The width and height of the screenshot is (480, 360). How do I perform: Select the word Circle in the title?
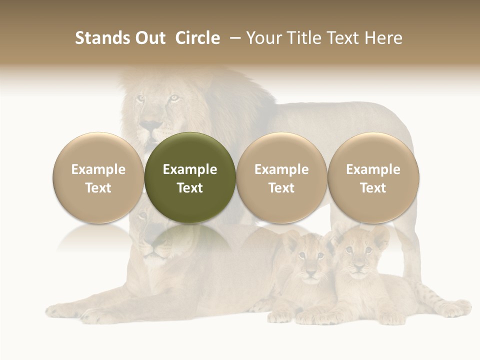tap(197, 38)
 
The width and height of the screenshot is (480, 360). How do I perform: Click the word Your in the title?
tap(264, 38)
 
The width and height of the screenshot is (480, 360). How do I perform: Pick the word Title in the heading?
tap(301, 38)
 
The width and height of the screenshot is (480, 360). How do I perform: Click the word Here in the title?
tap(382, 38)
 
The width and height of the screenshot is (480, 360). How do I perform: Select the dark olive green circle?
tap(190, 177)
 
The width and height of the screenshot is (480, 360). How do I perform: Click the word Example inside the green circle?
tap(190, 169)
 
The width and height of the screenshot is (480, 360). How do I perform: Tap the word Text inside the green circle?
tap(190, 188)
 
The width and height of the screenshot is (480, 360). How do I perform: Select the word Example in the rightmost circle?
tap(373, 169)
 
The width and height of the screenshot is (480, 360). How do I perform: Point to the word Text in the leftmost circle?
tap(98, 188)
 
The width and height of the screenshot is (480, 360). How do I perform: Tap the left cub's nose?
tap(310, 273)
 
